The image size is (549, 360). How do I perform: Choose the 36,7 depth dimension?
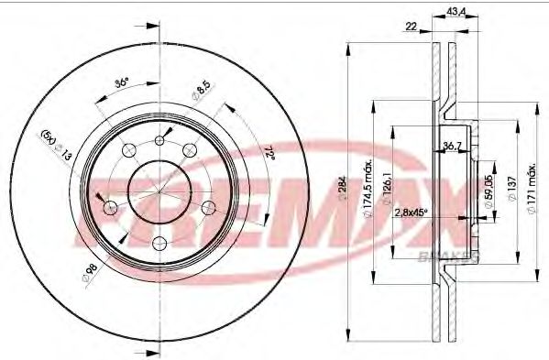point(450,146)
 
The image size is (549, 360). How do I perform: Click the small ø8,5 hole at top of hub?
point(159,139)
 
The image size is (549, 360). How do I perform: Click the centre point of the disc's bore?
point(159,191)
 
